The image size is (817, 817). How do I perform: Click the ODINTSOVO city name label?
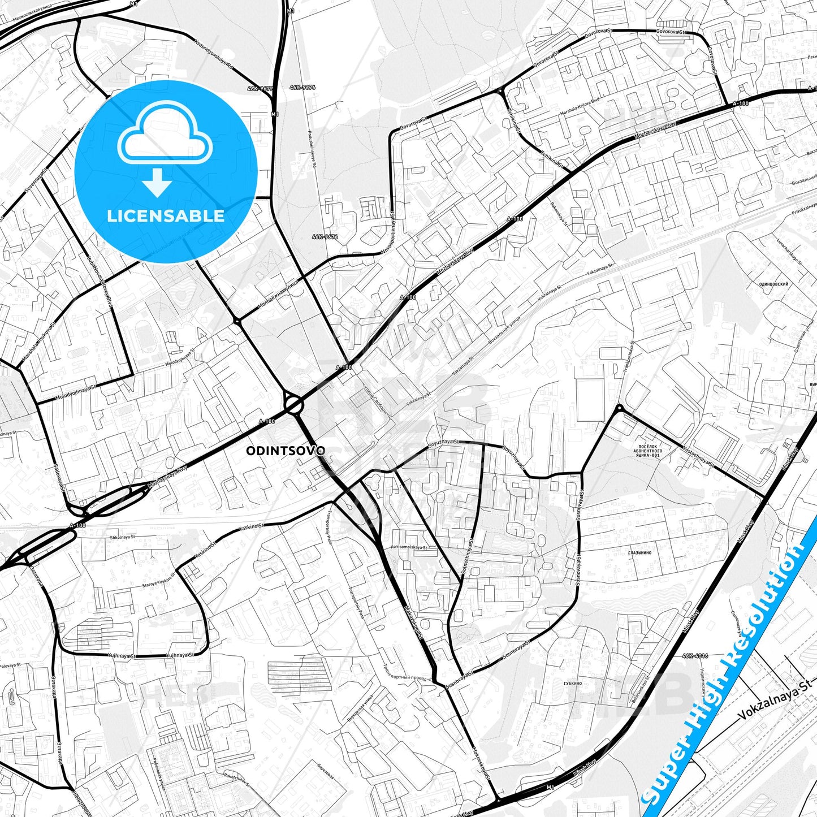click(286, 451)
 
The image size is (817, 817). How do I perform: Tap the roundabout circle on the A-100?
click(293, 404)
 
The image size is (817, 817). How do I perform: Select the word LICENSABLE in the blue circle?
click(166, 215)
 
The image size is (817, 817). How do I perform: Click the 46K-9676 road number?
click(325, 237)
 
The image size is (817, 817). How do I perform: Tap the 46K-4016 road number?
click(695, 656)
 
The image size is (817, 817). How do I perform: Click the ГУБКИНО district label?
click(572, 683)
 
